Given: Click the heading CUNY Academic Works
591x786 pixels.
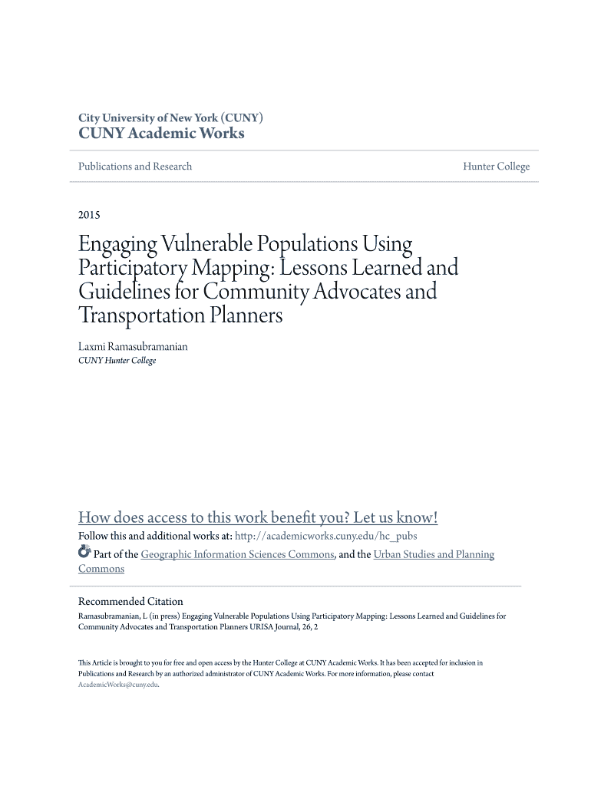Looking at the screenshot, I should point(161,134).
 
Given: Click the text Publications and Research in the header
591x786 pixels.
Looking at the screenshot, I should point(135,167).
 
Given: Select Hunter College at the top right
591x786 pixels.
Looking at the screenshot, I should point(496,167).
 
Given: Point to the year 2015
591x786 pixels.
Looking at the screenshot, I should point(89,215).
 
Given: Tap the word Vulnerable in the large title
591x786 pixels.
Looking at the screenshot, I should point(203,246).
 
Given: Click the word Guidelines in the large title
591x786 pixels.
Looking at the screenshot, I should point(122,292).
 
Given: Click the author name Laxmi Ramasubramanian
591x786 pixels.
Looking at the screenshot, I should point(133,347).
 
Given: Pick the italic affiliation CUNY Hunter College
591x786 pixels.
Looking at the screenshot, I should point(117,361).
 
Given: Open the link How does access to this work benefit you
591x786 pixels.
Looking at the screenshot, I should point(258,517).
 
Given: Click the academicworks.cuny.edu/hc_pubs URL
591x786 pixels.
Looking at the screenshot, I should point(325,536).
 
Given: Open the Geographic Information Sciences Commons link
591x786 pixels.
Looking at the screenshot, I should point(237,554).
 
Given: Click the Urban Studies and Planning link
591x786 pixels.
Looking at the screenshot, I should point(433,554).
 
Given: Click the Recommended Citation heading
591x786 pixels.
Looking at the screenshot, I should point(130,602).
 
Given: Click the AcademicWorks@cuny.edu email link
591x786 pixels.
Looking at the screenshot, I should point(117,685).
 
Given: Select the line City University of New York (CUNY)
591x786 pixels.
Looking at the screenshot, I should point(171,118).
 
